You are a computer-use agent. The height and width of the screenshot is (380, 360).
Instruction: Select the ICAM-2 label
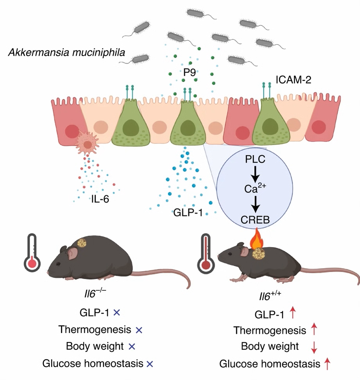coord(293,80)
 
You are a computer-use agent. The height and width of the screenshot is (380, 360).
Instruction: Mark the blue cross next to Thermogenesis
coord(138,330)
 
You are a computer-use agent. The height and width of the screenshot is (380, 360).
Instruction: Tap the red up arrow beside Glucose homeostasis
coord(328,364)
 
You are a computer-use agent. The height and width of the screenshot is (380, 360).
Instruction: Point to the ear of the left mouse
coord(73,254)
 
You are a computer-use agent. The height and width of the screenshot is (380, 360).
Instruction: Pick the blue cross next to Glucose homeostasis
coord(149,364)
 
